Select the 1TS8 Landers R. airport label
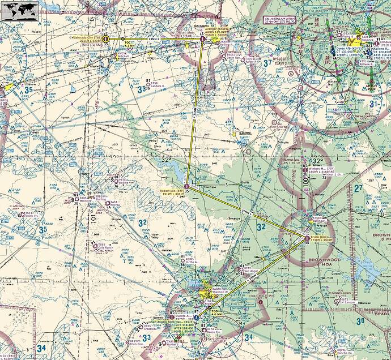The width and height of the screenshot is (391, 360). click(155, 85)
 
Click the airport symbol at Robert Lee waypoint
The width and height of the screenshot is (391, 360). click(187, 186)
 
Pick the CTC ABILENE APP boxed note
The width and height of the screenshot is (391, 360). click(281, 21)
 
